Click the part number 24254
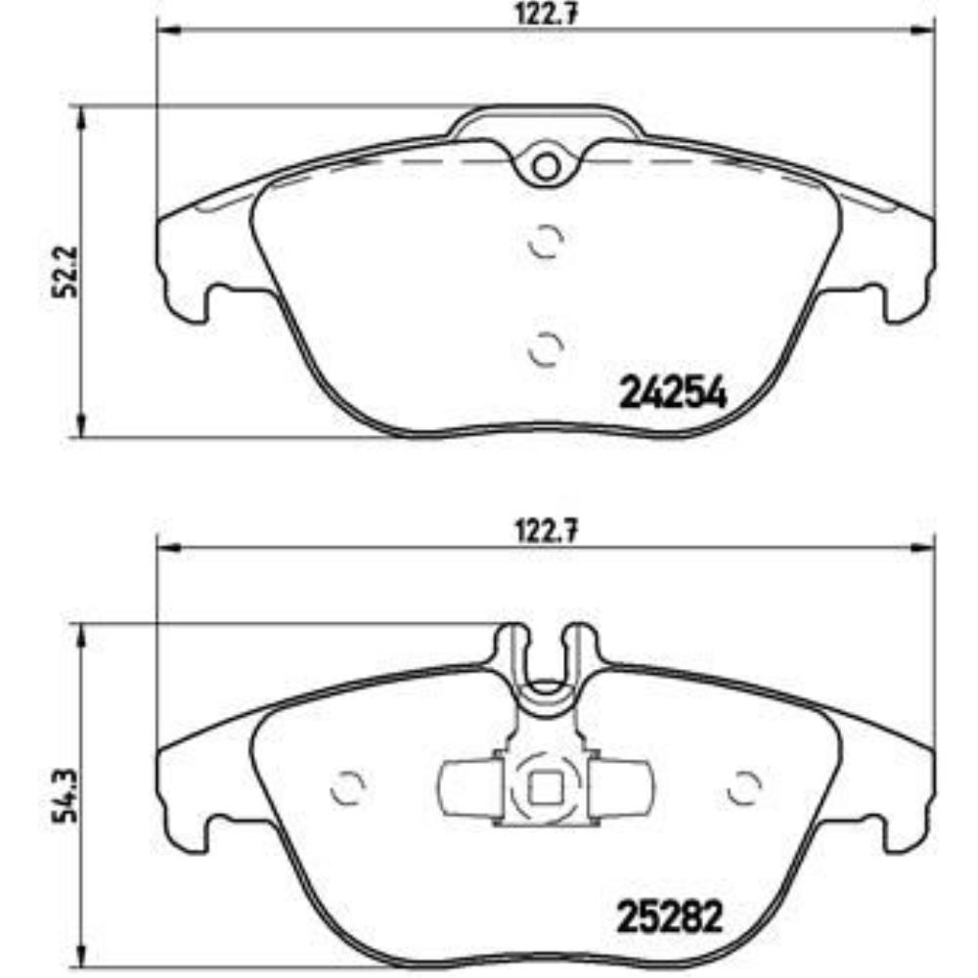(x=674, y=394)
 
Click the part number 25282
(x=670, y=916)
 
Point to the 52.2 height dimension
(x=62, y=272)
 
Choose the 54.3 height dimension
(x=62, y=797)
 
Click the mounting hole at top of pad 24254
(x=546, y=166)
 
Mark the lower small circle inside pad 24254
(x=545, y=346)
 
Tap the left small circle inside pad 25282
(x=348, y=785)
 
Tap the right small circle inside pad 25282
(x=746, y=785)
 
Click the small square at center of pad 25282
(x=545, y=787)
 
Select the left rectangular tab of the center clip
(x=468, y=788)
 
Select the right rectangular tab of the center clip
(x=622, y=788)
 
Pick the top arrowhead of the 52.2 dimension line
(x=83, y=115)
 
